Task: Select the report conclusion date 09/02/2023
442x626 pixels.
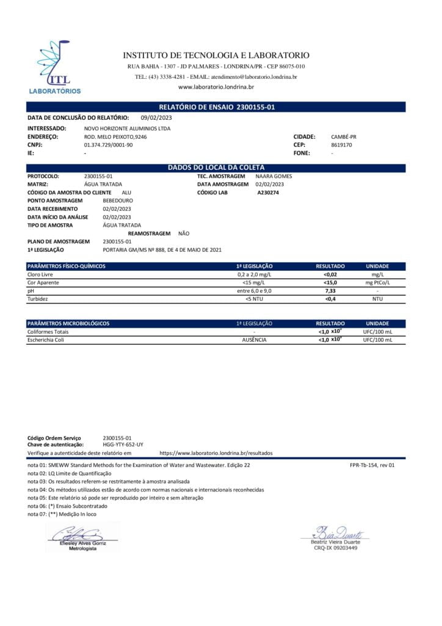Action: [157, 117]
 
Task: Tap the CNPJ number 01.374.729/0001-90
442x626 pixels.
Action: [108, 145]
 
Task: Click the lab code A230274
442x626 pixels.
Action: [268, 192]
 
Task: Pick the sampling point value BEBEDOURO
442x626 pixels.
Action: [118, 201]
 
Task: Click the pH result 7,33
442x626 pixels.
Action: [330, 291]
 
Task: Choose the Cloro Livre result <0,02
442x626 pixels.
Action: [330, 275]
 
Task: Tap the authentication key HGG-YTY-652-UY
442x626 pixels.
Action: [123, 444]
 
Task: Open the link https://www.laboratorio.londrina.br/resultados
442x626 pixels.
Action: [216, 453]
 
